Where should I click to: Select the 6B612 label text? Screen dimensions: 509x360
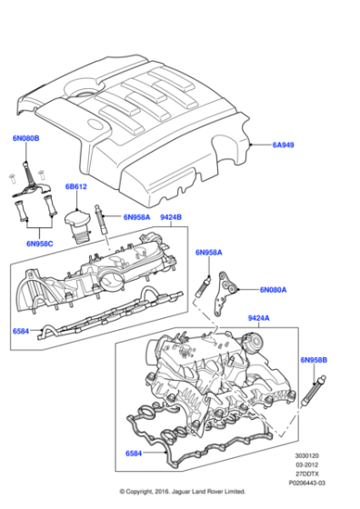(76, 188)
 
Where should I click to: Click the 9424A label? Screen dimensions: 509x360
(259, 318)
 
